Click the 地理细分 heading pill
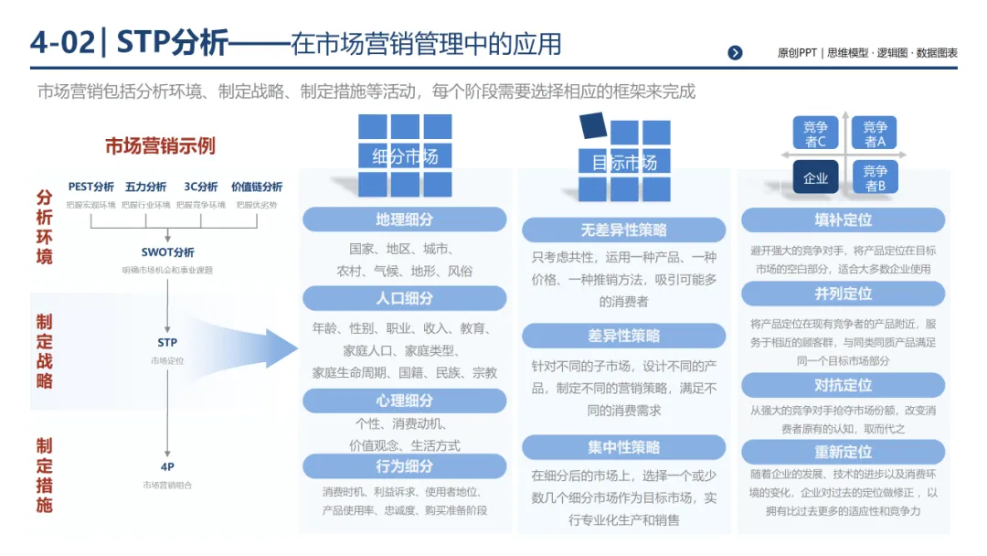(404, 219)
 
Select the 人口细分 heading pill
(404, 298)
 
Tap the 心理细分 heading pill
(404, 401)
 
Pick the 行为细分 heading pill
(404, 466)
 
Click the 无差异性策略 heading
(624, 230)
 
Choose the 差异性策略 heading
(624, 336)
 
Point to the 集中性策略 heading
(624, 447)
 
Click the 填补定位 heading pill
(844, 219)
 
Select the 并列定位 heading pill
(844, 294)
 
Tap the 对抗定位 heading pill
(844, 385)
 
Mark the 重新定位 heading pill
(844, 452)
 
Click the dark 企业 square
(815, 177)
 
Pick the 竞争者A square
(875, 134)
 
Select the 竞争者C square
(815, 134)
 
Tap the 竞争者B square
(875, 177)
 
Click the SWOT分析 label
(167, 252)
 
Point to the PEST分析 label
(91, 187)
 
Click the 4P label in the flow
(167, 466)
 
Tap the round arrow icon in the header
(735, 53)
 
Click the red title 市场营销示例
(160, 146)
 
